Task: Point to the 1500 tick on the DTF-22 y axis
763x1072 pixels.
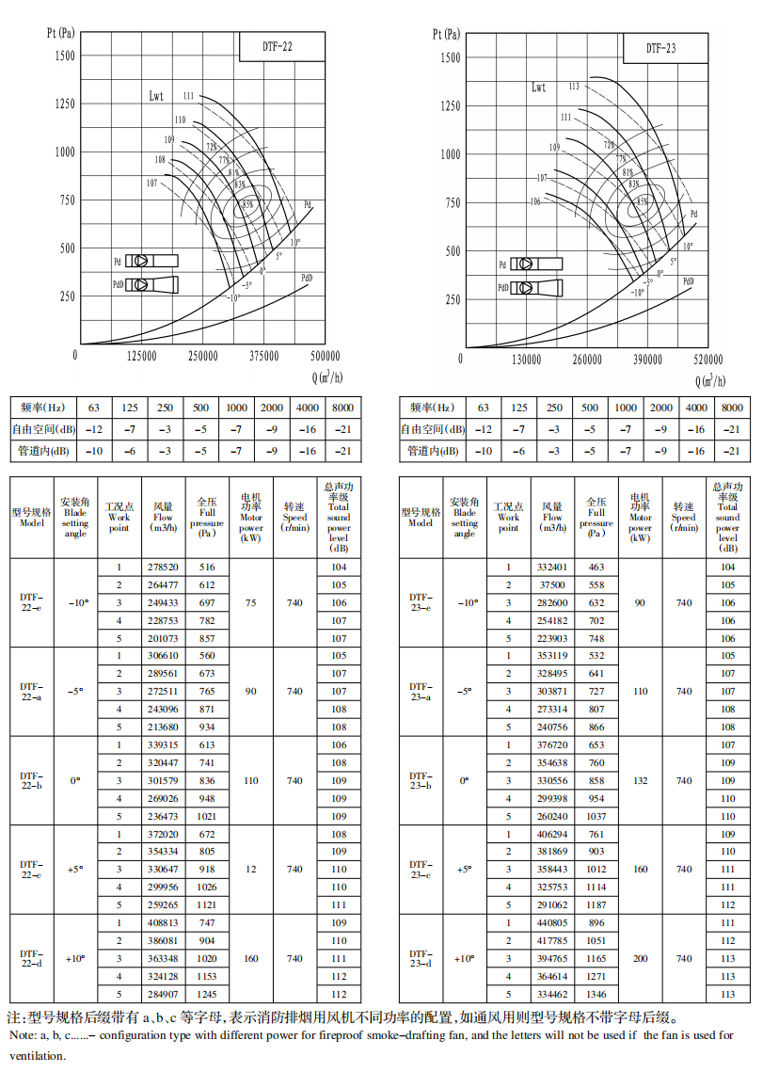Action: [64, 56]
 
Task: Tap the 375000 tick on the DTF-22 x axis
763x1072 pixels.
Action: [264, 357]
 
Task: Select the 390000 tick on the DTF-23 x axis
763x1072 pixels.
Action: [648, 360]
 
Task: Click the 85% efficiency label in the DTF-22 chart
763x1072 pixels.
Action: [247, 203]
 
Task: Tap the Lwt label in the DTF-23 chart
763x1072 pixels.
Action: [538, 88]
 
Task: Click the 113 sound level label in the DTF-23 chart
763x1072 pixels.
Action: [574, 87]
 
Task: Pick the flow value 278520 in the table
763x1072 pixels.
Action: [163, 568]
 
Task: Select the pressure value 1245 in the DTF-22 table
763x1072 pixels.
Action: [207, 993]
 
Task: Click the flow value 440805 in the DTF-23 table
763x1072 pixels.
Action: [551, 923]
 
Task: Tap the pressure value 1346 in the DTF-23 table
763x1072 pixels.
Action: [596, 994]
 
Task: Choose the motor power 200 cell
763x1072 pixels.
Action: [640, 958]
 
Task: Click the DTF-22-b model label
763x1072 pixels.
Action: [31, 780]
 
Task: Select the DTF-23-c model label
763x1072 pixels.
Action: [421, 869]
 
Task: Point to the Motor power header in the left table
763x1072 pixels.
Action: [250, 517]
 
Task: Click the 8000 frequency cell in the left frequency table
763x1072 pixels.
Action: [342, 408]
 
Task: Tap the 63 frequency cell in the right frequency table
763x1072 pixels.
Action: [484, 408]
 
